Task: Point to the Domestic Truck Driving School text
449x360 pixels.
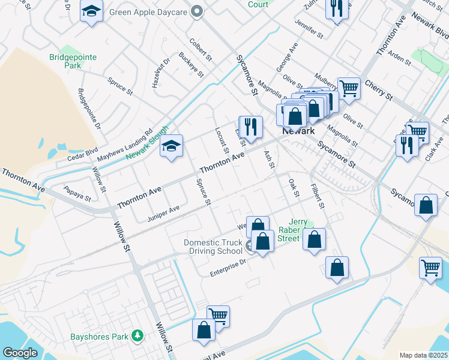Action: point(213,247)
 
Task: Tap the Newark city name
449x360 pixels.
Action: point(298,131)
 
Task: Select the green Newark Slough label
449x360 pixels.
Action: point(147,143)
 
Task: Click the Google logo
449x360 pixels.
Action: point(20,353)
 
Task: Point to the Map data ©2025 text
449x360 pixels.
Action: point(423,355)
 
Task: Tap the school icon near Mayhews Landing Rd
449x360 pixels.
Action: point(172,146)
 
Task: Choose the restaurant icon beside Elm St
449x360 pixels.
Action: point(250,127)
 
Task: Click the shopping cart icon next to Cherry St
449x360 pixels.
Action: point(348,88)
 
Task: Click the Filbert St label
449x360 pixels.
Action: point(318,197)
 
